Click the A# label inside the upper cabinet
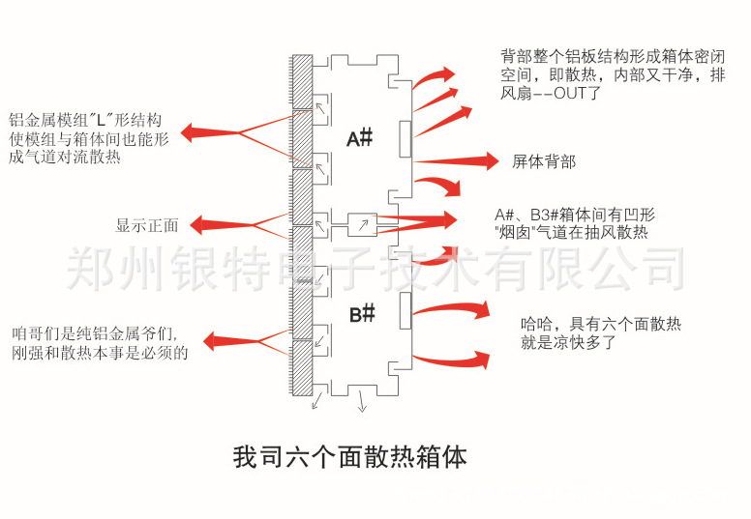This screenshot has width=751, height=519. point(360,139)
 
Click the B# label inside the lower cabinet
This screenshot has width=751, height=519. point(362,314)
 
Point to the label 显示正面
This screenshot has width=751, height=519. point(147,225)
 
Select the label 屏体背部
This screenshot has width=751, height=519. point(544,161)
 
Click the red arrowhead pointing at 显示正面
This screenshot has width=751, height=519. point(197,225)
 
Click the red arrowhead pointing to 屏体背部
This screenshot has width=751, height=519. point(489,160)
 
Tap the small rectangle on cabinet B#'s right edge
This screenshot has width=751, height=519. point(405,313)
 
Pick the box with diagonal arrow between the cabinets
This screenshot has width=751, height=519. point(362,225)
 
